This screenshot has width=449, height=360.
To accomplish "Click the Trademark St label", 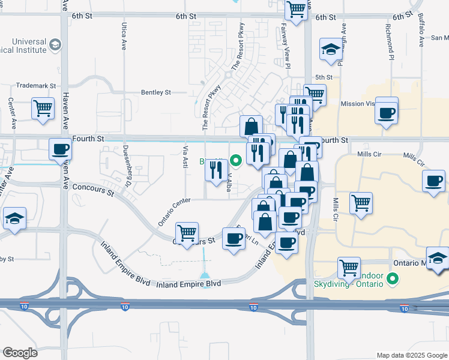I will point(35,86).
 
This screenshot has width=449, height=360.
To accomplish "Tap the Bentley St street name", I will point(155,92).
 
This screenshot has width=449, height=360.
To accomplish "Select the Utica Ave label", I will point(124,36).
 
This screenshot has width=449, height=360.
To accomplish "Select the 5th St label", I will point(324,77).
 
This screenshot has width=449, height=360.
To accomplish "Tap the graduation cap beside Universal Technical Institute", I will point(56,44).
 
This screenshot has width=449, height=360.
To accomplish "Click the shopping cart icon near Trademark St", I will point(43,109).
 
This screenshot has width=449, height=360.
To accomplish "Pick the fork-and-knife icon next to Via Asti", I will point(215,170).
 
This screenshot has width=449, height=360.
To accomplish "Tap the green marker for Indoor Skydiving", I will point(393,278).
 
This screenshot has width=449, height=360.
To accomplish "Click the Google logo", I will point(20,352).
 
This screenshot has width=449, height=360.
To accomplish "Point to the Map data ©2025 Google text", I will point(411,355).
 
